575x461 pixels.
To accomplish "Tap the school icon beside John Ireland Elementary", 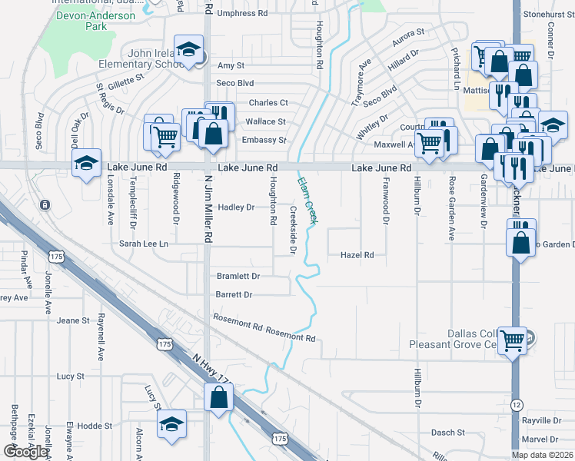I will click(x=188, y=51).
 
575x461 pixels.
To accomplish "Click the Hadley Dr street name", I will click(x=236, y=207).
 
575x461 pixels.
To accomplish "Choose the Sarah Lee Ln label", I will click(x=143, y=244).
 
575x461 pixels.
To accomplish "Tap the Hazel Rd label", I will click(x=357, y=255).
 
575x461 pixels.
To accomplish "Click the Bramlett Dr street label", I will click(x=238, y=276).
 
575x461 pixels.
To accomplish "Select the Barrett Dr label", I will click(x=234, y=294).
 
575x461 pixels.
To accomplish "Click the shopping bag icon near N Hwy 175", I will click(x=219, y=397).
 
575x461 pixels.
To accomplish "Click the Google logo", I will click(x=25, y=451).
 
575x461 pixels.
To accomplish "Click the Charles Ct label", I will click(x=268, y=103).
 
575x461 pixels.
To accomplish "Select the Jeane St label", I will click(x=74, y=320).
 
